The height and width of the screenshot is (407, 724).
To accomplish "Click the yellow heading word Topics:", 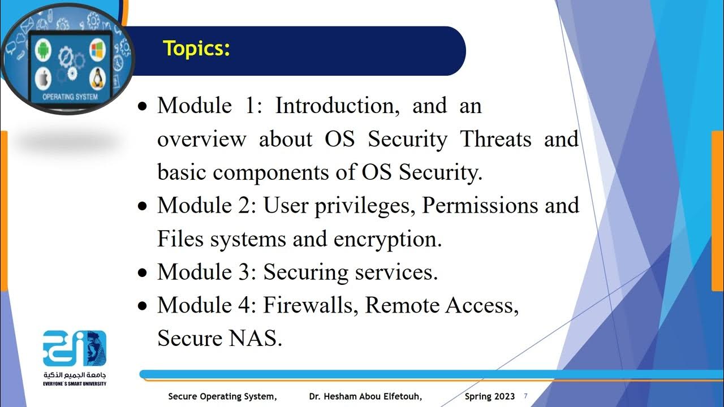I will click(x=196, y=49).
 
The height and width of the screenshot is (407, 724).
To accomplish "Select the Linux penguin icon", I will click(x=97, y=78).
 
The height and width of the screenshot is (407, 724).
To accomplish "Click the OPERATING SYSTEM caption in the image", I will click(x=70, y=97).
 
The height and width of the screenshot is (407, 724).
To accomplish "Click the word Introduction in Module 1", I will click(x=337, y=106).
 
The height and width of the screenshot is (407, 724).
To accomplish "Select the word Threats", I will click(x=496, y=139).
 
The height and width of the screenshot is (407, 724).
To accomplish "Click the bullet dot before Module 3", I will click(x=143, y=273).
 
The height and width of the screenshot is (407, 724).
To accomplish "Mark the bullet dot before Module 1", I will click(x=143, y=106).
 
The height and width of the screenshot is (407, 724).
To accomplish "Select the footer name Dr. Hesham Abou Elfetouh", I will click(x=365, y=397).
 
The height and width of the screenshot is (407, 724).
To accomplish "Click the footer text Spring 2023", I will click(x=490, y=397).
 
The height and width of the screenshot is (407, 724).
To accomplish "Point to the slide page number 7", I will click(x=526, y=396).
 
